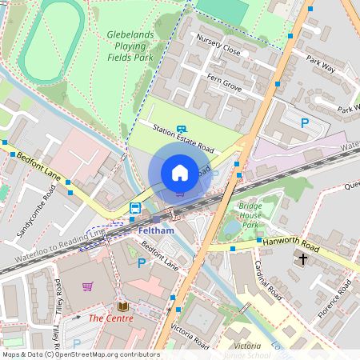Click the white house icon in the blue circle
pos(180,172)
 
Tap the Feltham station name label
pos(156,230)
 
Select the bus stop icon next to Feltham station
pos(135,209)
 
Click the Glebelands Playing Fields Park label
pos(130,46)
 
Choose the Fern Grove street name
pos(225,82)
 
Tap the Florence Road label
pos(331,298)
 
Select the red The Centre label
pos(110,318)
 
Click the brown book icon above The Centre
pos(122,306)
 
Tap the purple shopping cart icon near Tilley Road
pos(87,286)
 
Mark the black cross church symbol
pos(302,258)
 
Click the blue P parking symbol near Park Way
pos(304,122)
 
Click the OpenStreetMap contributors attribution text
pos(80,354)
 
